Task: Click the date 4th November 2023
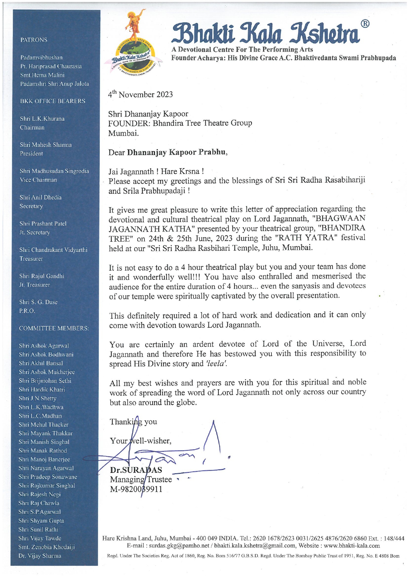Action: coord(140,95)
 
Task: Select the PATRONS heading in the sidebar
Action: coord(34,40)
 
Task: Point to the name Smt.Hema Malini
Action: coord(42,75)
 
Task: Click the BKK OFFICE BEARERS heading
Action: coord(53,101)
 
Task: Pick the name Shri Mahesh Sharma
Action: coord(46,145)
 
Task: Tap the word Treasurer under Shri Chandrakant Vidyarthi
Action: coord(31,259)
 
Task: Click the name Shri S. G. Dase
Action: coord(38,302)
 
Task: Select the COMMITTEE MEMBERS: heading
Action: coord(54,328)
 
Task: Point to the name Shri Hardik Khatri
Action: coord(42,389)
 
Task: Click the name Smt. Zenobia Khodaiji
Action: coord(47,547)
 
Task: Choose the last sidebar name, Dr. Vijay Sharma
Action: coord(40,556)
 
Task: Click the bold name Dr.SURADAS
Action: coord(136,470)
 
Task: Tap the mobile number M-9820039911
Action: coord(136,489)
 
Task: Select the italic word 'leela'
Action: coord(217,364)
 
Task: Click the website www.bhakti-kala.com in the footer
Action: coord(352,546)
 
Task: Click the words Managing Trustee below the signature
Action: coord(141,480)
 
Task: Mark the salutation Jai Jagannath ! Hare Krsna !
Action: coord(156,171)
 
